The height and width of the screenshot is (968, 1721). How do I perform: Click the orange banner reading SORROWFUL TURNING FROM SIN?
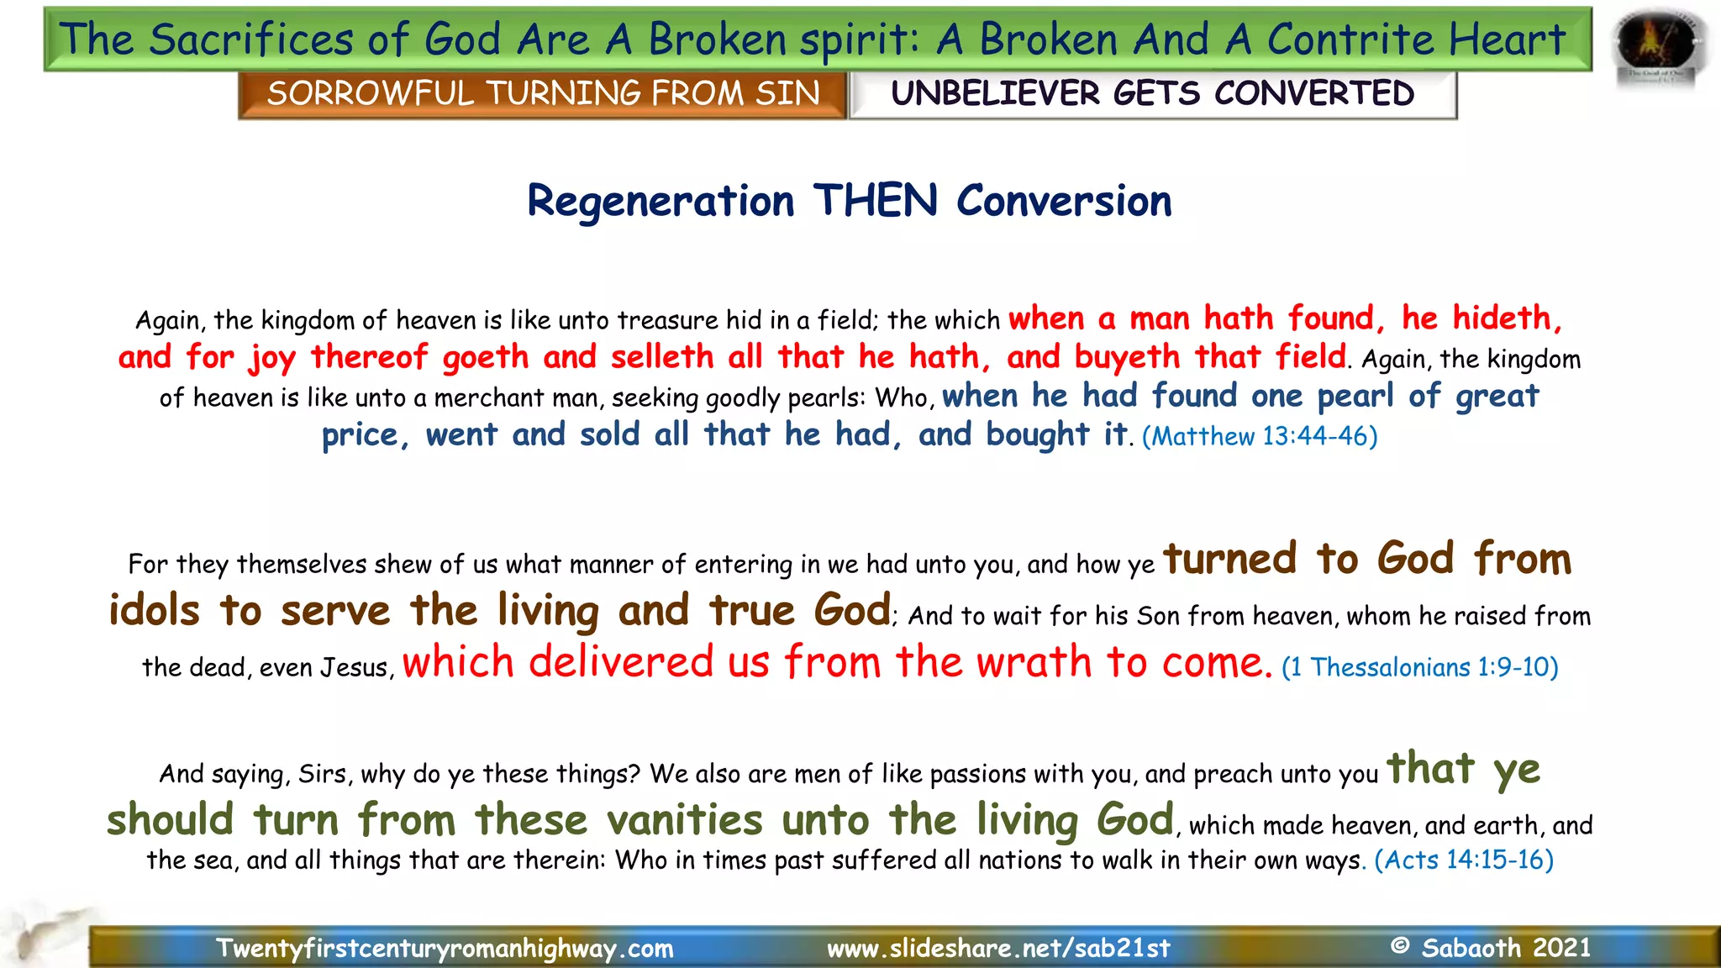543,93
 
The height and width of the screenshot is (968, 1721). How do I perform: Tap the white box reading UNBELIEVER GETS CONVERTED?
1152,93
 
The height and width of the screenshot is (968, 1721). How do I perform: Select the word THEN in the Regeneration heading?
875,202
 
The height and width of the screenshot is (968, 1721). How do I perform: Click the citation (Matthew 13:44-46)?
1259,436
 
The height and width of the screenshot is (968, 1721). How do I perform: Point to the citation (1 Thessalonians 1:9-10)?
1419,667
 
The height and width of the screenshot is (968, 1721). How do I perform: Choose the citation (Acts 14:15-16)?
1463,860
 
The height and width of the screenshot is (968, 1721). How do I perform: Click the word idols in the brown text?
155,611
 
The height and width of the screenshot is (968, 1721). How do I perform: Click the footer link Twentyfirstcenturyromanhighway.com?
445,949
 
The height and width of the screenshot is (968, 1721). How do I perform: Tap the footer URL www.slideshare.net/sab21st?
998,949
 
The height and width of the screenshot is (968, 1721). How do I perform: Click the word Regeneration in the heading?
661,202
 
